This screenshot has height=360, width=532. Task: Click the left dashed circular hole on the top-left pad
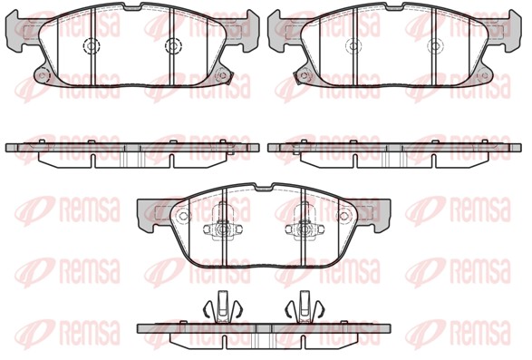(x=91, y=45)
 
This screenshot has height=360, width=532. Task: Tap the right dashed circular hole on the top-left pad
(x=173, y=45)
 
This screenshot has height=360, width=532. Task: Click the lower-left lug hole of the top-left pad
(x=42, y=74)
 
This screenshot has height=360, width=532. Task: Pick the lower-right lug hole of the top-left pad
(x=223, y=74)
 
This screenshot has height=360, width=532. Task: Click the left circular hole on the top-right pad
(x=353, y=45)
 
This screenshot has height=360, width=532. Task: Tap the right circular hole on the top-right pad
(x=436, y=45)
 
